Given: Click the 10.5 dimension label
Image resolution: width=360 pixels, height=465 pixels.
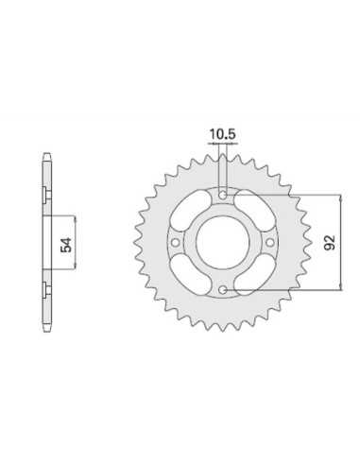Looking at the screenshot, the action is click(222, 134).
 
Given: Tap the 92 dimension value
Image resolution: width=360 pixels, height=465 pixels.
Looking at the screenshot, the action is click(330, 242).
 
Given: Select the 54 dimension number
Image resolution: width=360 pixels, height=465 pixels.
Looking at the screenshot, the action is click(66, 245).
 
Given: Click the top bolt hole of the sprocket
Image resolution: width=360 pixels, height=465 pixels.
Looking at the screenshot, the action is click(223, 196).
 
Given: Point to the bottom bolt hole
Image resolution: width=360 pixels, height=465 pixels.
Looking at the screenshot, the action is click(223, 290).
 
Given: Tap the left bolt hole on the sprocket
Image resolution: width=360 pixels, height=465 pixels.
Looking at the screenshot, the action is click(175, 242).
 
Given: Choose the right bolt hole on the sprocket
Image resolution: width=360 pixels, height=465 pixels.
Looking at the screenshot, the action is click(270, 242).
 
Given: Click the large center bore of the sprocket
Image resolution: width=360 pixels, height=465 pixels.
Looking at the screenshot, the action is click(222, 243).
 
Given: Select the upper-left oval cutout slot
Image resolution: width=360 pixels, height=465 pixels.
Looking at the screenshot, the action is click(191, 211).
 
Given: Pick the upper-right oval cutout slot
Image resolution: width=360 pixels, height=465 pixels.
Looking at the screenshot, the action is click(254, 211).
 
